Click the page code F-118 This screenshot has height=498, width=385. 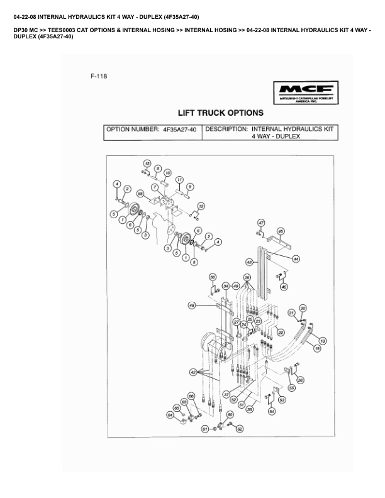pos(99,77)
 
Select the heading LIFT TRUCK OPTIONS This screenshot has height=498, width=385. pos(220,113)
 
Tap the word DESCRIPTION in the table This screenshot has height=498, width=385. pos(226,130)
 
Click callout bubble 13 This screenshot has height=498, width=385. pos(147,163)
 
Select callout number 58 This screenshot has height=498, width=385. pos(140,193)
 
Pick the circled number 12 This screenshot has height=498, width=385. pos(201,206)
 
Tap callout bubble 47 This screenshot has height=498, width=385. pos(261,223)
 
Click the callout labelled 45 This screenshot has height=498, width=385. pos(281,231)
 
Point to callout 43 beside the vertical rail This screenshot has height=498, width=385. pos(249,262)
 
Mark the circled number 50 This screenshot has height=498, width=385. pos(213,277)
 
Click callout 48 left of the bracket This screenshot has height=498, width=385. pos(192,306)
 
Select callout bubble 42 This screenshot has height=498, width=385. pos(193,372)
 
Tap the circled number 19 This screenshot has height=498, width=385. pos(317,348)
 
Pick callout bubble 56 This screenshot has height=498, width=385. pos(301,380)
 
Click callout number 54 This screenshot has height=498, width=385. pos(272,411)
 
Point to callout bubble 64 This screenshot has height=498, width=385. pos(170,415)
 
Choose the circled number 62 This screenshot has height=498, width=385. pos(239,429)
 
